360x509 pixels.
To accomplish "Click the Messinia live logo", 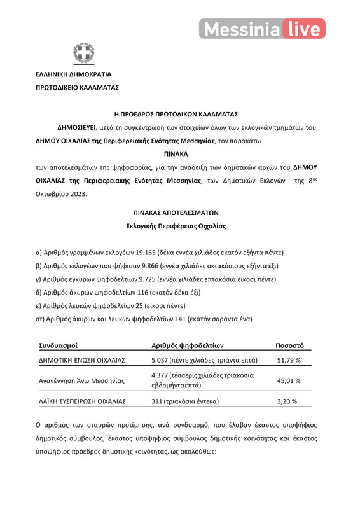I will tap(262, 29).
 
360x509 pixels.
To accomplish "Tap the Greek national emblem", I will tap(82, 53).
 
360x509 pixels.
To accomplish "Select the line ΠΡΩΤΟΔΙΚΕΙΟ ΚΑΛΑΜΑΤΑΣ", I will tap(77, 87).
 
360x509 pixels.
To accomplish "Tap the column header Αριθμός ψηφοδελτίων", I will tap(188, 345).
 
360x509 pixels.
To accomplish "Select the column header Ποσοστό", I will tap(289, 345).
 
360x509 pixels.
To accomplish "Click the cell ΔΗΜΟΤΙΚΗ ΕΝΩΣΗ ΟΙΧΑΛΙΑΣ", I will tap(81, 361).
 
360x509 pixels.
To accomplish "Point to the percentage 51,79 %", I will tap(289, 361).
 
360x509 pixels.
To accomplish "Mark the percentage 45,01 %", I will tap(289, 380).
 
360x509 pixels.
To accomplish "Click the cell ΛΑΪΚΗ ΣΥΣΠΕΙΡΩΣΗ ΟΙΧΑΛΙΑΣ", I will tap(82, 401).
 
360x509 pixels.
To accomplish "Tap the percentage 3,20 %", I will tap(289, 401).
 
